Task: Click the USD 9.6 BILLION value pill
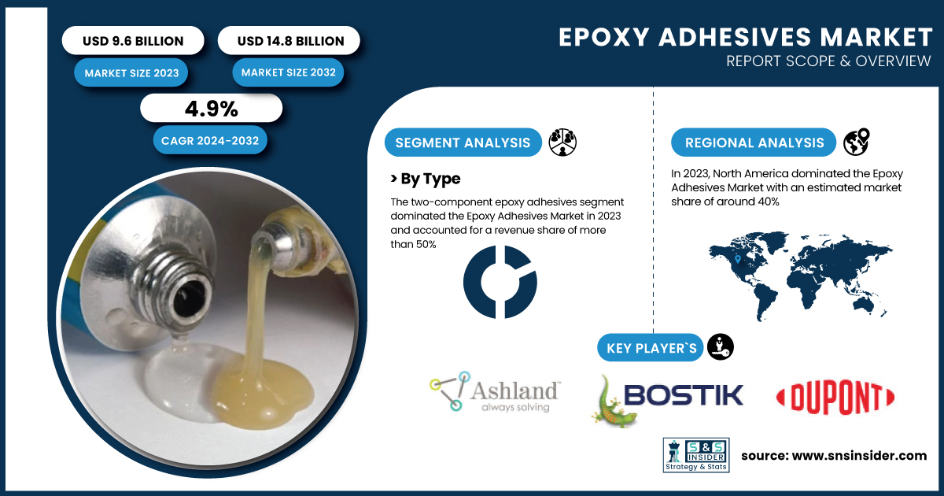(x=133, y=40)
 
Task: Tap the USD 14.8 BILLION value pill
(x=289, y=40)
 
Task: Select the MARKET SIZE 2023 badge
(x=131, y=73)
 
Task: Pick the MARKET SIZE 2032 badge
(x=288, y=72)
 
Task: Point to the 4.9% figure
(x=212, y=109)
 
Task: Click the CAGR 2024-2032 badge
(x=210, y=140)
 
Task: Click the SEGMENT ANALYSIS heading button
(x=463, y=143)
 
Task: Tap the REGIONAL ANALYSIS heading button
(x=754, y=143)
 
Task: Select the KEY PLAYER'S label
(x=651, y=348)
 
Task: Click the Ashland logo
(x=495, y=392)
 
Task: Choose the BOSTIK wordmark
(x=683, y=394)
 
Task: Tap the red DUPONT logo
(x=835, y=398)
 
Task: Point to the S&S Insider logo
(x=696, y=455)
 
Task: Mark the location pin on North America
(x=738, y=259)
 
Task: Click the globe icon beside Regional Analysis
(x=857, y=142)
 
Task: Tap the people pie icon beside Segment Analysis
(x=562, y=143)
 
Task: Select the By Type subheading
(x=426, y=179)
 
